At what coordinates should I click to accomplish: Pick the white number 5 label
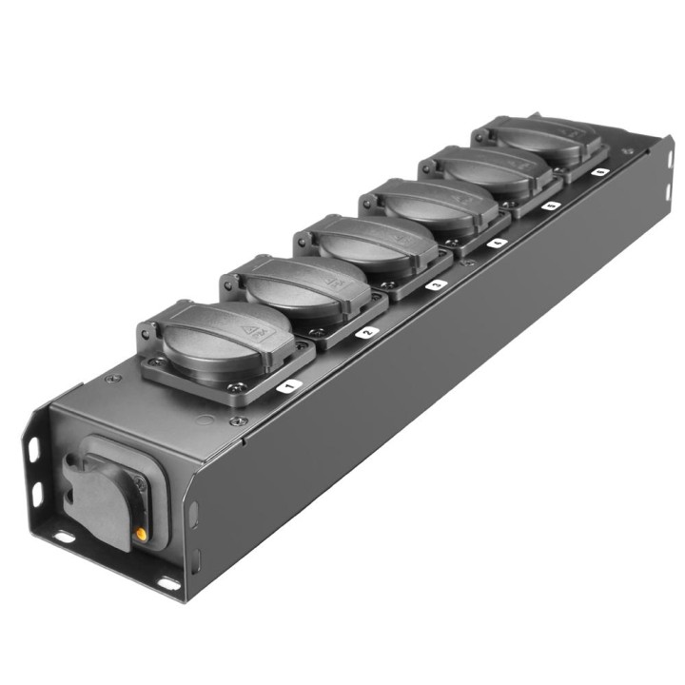coord(551,205)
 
